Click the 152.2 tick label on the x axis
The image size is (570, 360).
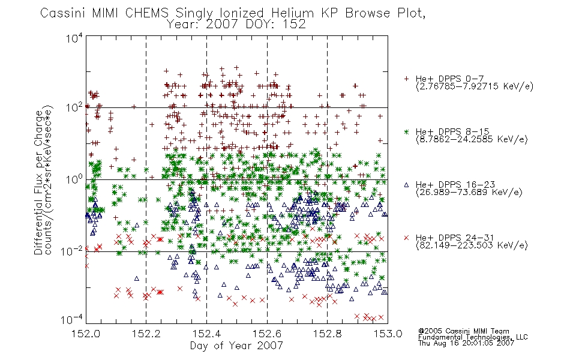pos(146,334)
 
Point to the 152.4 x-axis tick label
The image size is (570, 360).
pos(206,334)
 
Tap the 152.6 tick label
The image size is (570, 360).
pos(267,334)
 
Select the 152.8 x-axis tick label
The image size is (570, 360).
pos(328,334)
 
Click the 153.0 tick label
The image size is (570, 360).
pos(388,334)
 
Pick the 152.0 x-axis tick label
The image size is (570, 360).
pos(86,334)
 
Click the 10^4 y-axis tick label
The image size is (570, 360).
pos(74,38)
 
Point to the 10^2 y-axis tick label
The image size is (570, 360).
pos(74,108)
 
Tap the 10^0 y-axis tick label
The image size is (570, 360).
pos(74,179)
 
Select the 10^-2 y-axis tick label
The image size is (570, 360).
pos(72,251)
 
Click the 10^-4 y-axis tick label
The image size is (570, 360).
pos(72,319)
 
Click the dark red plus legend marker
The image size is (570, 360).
pos(406,79)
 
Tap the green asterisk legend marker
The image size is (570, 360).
pos(406,131)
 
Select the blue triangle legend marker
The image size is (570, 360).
pos(406,185)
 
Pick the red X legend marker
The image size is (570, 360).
pos(406,238)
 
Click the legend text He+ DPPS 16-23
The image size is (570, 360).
pos(455,185)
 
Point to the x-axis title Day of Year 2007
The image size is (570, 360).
pos(236,345)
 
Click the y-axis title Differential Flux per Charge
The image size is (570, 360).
pos(38,182)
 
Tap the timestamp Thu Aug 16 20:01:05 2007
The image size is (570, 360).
pos(466,343)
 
